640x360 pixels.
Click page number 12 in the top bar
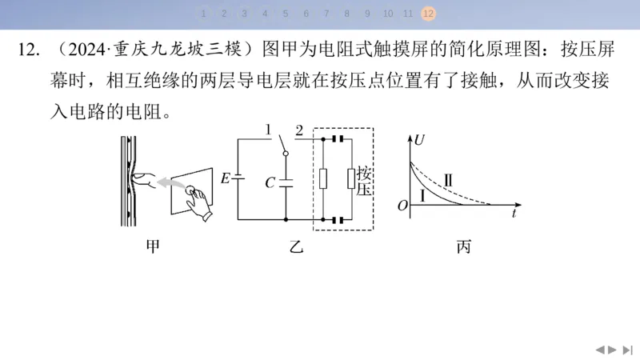click(x=428, y=14)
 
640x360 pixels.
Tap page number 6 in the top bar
click(x=306, y=14)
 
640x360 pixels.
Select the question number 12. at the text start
click(x=29, y=50)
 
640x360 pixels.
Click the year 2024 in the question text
click(x=86, y=50)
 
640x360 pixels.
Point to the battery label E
click(x=226, y=178)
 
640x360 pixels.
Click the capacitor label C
click(x=270, y=182)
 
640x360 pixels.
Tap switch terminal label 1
click(x=268, y=130)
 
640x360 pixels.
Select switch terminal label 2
click(x=299, y=130)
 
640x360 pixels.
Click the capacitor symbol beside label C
click(x=286, y=182)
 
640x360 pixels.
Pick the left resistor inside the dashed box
click(x=323, y=178)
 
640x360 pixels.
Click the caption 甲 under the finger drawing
click(x=153, y=246)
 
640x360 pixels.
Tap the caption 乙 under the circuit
click(x=296, y=246)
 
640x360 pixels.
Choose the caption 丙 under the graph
click(x=464, y=246)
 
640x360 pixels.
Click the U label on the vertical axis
click(x=419, y=140)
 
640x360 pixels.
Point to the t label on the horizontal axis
click(x=514, y=213)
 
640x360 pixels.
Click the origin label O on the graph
click(x=402, y=206)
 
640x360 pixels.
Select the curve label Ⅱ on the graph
click(x=448, y=180)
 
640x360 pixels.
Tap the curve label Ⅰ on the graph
click(x=422, y=196)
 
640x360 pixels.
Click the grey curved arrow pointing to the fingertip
click(x=170, y=183)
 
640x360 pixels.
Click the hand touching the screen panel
click(x=199, y=203)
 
